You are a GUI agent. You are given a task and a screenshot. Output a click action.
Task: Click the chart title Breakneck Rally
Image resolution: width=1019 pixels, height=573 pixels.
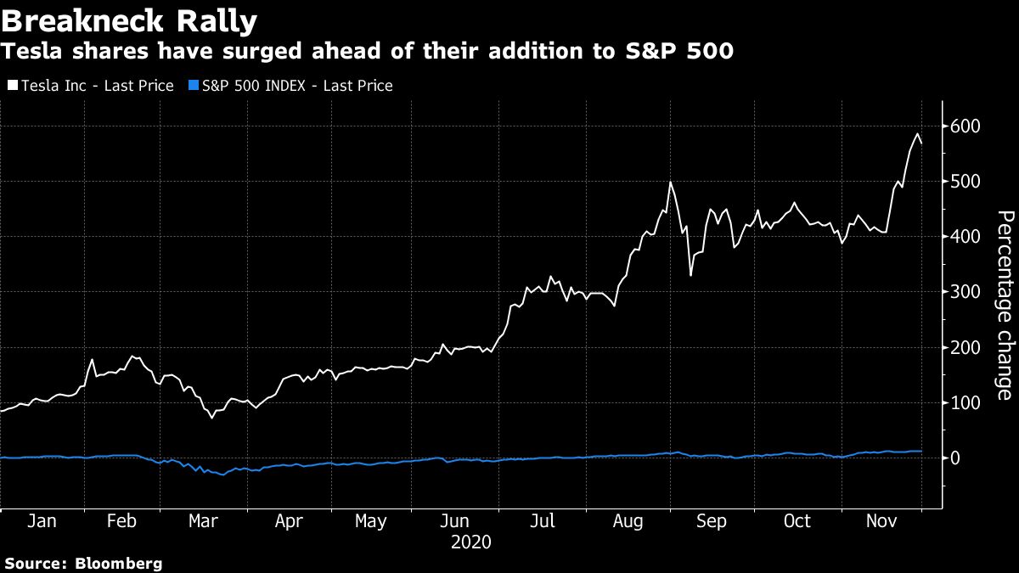(x=130, y=19)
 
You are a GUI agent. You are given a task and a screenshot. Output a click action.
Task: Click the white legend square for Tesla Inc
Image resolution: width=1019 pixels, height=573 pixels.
(x=12, y=86)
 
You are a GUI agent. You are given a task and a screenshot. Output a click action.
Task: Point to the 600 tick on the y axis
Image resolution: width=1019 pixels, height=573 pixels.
(x=964, y=126)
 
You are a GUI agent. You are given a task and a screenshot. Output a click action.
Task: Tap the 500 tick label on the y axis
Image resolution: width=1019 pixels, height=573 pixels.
(x=964, y=181)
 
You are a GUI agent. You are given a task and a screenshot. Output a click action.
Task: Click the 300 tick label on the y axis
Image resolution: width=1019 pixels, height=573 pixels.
(x=964, y=291)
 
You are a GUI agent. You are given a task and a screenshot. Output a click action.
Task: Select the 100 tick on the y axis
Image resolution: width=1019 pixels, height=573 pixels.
(x=964, y=402)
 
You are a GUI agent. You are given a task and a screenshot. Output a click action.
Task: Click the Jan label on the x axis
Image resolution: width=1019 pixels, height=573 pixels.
(x=42, y=520)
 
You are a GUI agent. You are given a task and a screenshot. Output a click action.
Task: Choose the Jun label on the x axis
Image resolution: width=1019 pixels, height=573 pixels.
(x=458, y=520)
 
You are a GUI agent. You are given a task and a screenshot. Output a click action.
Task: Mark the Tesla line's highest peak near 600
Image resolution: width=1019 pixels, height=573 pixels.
(x=917, y=133)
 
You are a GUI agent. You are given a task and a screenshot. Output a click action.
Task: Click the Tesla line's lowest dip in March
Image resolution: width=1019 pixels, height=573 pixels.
(x=211, y=418)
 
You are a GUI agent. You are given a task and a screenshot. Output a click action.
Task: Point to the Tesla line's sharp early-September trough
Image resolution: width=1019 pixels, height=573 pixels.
(x=690, y=275)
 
